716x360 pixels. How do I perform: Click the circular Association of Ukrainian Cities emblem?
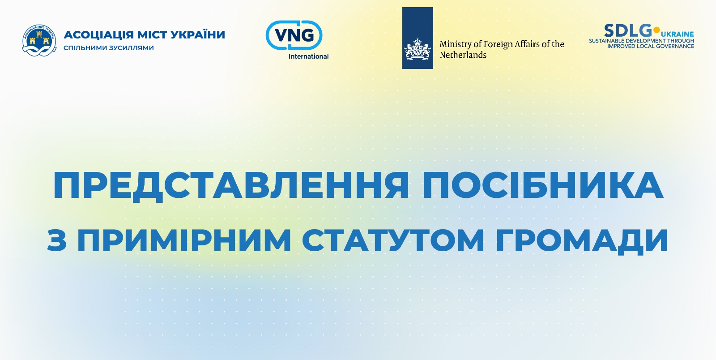tap(39, 41)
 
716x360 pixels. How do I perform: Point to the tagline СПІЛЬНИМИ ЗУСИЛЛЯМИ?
tap(109, 48)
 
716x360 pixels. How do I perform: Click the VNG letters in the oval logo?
tap(294, 35)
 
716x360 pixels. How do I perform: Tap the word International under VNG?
tap(308, 56)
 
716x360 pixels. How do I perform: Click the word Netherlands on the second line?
tap(463, 55)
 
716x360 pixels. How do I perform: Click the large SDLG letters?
tap(628, 31)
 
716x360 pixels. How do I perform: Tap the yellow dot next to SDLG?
tap(656, 30)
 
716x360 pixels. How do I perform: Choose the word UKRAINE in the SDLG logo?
tap(678, 34)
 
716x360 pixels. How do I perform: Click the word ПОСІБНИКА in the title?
tap(542, 186)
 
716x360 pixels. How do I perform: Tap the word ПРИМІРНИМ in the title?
tap(184, 240)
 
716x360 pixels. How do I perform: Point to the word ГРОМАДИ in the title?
tap(582, 241)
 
